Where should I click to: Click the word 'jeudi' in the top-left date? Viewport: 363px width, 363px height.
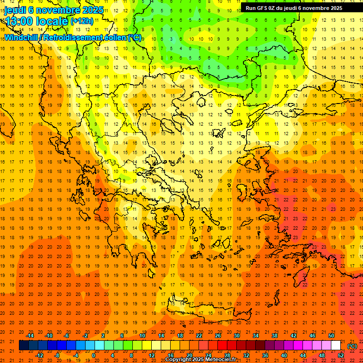pyautogui.click(x=15, y=9)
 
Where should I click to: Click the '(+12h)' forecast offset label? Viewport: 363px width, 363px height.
pyautogui.click(x=81, y=21)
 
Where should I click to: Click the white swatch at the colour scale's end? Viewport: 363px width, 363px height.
pyautogui.click(x=336, y=346)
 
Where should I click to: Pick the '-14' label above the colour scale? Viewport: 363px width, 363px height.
pyautogui.click(x=31, y=336)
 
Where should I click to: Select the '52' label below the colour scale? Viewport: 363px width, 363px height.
pyautogui.click(x=341, y=355)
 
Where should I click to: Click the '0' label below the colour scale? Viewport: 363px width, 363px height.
pyautogui.click(x=94, y=355)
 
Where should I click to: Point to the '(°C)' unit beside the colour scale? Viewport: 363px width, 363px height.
pyautogui.click(x=352, y=346)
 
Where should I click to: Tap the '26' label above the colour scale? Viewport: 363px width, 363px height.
pyautogui.click(x=218, y=336)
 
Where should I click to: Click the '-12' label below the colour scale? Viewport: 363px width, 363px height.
pyautogui.click(x=39, y=355)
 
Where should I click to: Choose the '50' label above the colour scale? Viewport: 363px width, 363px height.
pyautogui.click(x=331, y=336)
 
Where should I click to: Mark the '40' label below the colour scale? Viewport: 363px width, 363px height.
pyautogui.click(x=284, y=355)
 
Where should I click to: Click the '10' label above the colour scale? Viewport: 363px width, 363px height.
pyautogui.click(x=142, y=336)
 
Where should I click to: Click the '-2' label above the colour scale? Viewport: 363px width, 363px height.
pyautogui.click(x=85, y=336)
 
